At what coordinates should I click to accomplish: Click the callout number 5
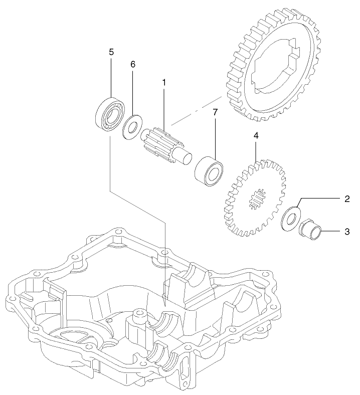111,52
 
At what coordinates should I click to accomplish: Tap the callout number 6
133,65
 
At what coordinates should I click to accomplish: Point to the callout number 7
215,112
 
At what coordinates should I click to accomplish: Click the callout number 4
256,136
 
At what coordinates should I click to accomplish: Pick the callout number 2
347,199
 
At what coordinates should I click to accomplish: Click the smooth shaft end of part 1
186,155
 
